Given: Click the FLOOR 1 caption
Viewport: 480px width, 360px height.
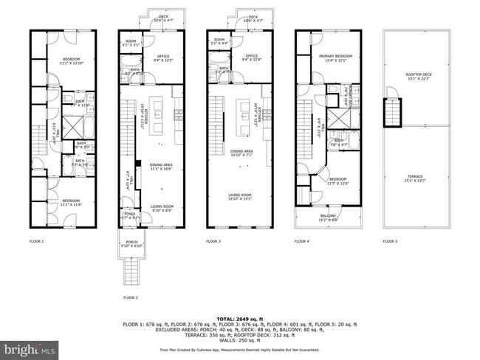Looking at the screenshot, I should [37, 241].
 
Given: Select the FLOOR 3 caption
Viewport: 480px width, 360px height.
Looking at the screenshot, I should [214, 241].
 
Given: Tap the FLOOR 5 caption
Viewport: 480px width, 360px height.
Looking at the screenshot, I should [390, 241].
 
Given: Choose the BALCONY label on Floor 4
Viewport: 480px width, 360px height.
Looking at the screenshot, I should [326, 216].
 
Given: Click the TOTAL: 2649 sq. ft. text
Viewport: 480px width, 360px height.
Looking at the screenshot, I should [239, 319].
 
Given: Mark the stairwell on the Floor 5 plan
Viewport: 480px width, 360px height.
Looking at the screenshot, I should [391, 112].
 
